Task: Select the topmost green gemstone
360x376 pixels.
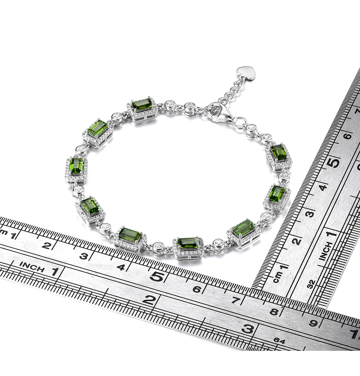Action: (142, 105)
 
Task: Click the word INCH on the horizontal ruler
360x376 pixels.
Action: (32, 267)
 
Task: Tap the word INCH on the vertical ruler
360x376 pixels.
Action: (326, 251)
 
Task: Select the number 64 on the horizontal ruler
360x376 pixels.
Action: (279, 340)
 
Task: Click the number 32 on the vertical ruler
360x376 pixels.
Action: (311, 284)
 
